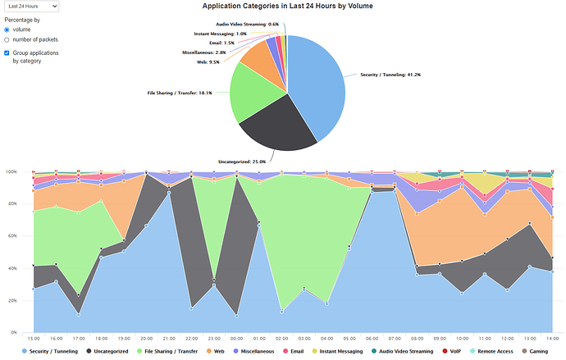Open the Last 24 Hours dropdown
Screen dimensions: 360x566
coord(30,6)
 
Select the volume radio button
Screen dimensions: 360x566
coord(7,29)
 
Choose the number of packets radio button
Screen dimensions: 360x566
coord(7,39)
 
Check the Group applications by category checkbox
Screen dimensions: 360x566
coord(7,53)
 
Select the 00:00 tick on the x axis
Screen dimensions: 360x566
coord(236,338)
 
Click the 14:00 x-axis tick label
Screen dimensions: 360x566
coord(550,338)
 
